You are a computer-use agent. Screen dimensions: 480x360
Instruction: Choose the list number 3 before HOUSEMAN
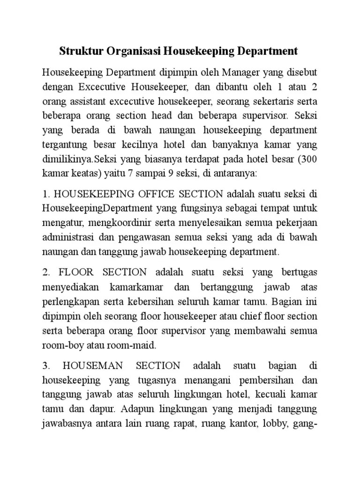pyautogui.click(x=45, y=365)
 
